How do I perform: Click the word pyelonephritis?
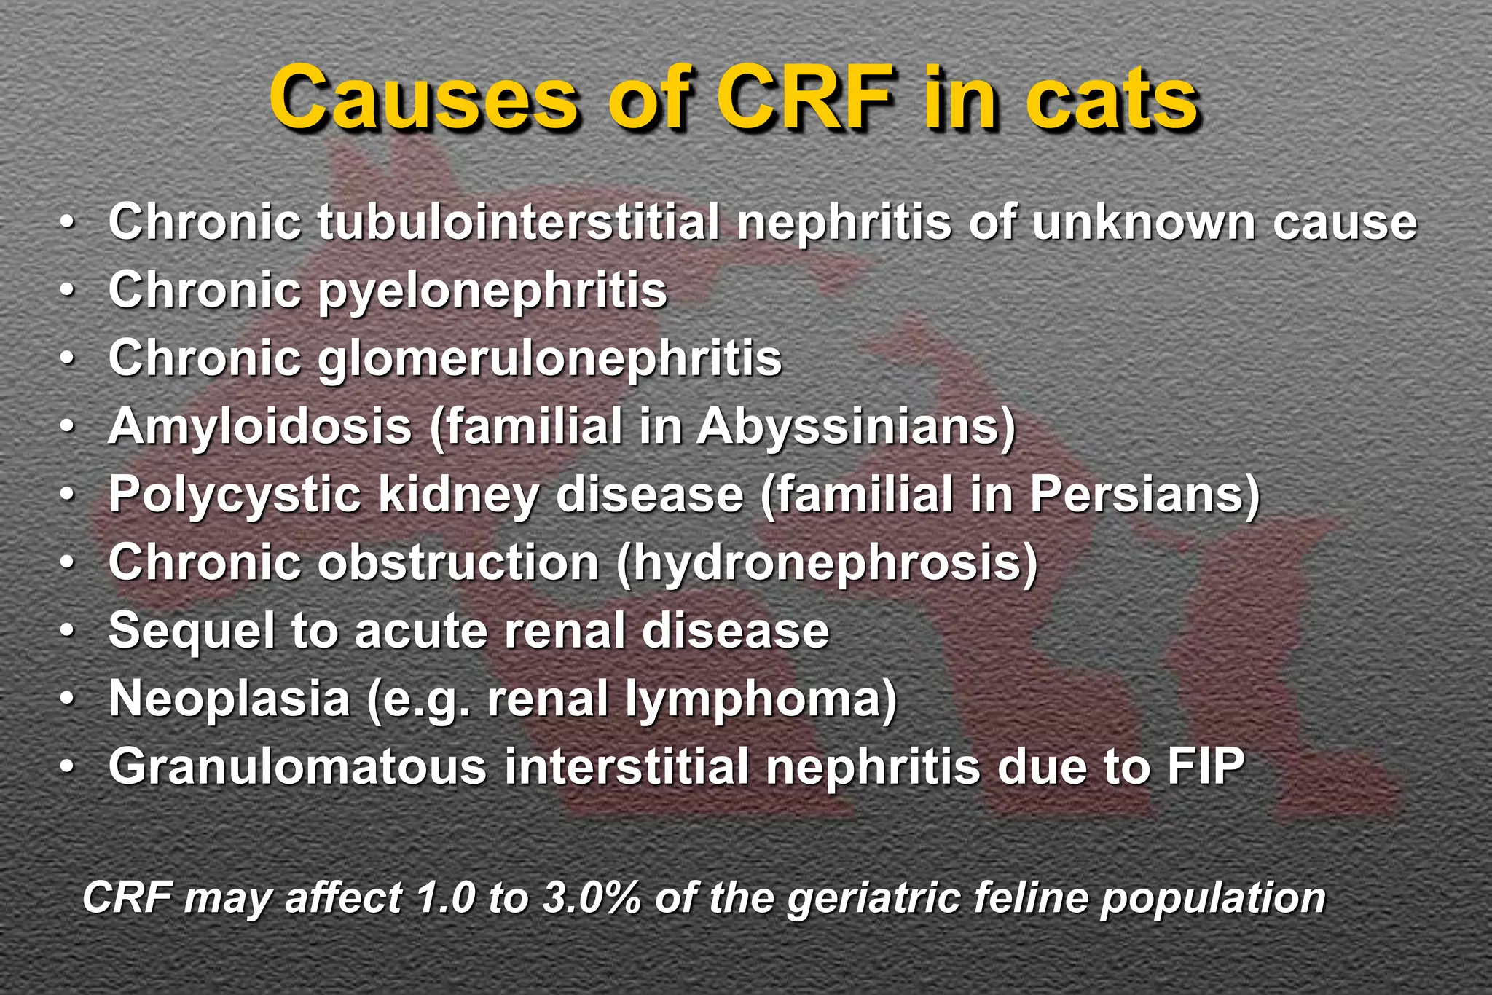click(492, 291)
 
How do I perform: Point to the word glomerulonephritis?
click(549, 358)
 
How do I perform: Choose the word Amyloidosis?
click(260, 426)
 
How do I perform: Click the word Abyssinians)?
click(856, 426)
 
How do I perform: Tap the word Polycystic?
click(235, 495)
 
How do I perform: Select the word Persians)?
click(1144, 495)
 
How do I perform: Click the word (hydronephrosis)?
click(827, 562)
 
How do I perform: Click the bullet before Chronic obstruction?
click(68, 564)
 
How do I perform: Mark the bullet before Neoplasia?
click(68, 700)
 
